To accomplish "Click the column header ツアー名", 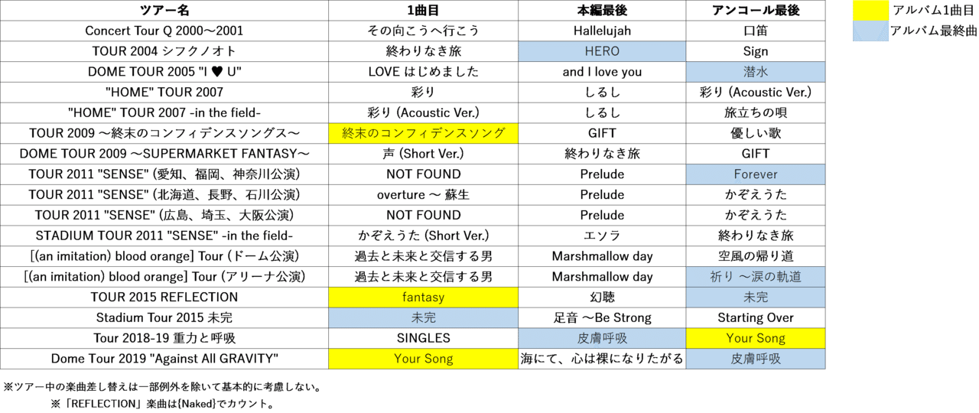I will pyautogui.click(x=164, y=11).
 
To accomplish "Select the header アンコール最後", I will pyautogui.click(x=755, y=11).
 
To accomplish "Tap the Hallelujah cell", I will pyautogui.click(x=602, y=31).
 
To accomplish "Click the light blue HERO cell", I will pyautogui.click(x=602, y=51).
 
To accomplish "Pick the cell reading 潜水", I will pyautogui.click(x=755, y=72).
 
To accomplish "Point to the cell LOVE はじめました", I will pyautogui.click(x=423, y=72).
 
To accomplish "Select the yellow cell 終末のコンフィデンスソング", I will pyautogui.click(x=423, y=133).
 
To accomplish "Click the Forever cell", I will pyautogui.click(x=755, y=174).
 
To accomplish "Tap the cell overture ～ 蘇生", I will pyautogui.click(x=423, y=195).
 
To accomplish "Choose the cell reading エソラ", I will pyautogui.click(x=602, y=236).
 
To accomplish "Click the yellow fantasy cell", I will pyautogui.click(x=423, y=297).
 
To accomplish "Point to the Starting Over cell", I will pyautogui.click(x=755, y=317).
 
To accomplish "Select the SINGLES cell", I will pyautogui.click(x=423, y=338).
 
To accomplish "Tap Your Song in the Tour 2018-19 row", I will pyautogui.click(x=755, y=338).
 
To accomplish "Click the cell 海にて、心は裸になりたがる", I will pyautogui.click(x=602, y=359).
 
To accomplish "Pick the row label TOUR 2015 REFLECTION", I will pyautogui.click(x=164, y=297).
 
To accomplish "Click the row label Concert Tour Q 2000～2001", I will pyautogui.click(x=164, y=31).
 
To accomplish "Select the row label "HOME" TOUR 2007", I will pyautogui.click(x=164, y=93).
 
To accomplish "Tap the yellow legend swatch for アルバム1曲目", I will pyautogui.click(x=870, y=11).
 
